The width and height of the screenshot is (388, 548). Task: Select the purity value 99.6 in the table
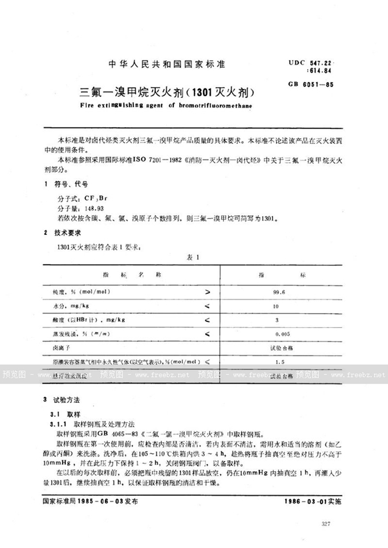[280, 292]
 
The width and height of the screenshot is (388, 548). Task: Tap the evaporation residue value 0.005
[281, 334]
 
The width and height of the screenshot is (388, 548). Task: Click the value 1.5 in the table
[280, 363]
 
